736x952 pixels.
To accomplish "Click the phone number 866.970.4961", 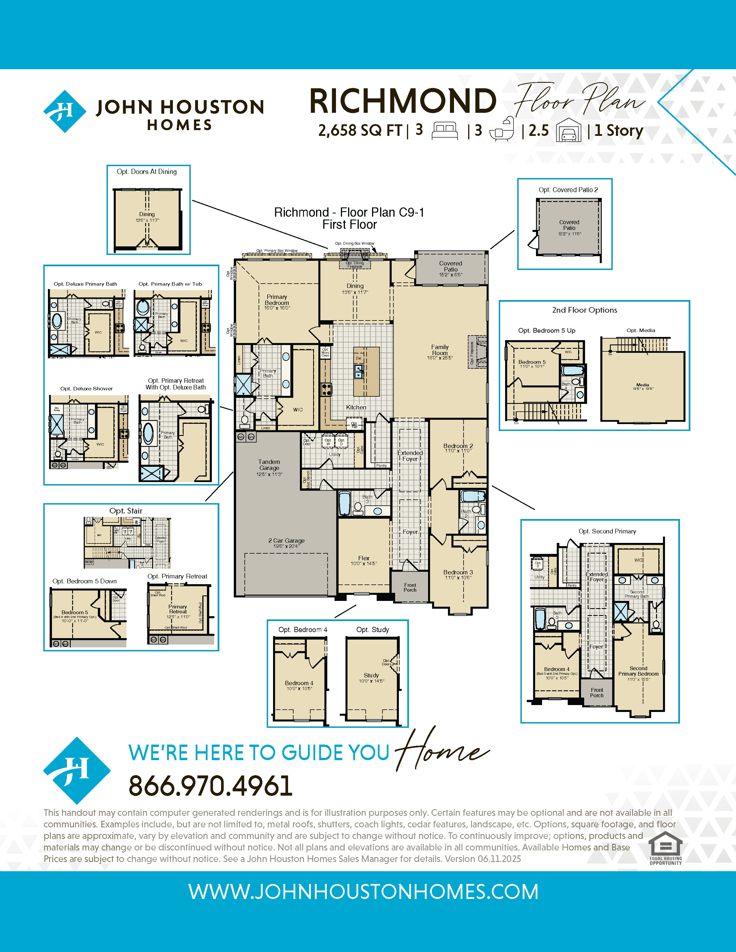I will tap(210, 786).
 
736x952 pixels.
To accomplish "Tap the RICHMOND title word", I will tap(403, 101).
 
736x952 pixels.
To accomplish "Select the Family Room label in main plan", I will tap(440, 350).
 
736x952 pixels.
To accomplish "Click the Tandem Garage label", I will tap(269, 465).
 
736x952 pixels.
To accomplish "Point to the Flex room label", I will tap(364, 559).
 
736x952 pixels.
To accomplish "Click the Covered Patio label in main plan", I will tap(451, 266).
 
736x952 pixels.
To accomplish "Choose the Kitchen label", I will tap(356, 407).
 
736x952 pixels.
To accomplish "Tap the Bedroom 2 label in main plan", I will tap(458, 446).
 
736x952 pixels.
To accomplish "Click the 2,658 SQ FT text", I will tap(360, 130).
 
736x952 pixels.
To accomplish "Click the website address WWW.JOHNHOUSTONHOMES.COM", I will tap(363, 892).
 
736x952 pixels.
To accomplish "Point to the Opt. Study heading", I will tap(372, 629).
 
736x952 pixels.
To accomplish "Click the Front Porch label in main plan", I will tap(410, 587).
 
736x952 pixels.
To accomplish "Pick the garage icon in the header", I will tap(569, 130).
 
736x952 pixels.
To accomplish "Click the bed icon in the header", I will tap(444, 130).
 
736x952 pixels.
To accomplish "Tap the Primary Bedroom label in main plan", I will tap(277, 300).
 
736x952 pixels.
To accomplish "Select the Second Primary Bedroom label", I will tap(638, 671).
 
